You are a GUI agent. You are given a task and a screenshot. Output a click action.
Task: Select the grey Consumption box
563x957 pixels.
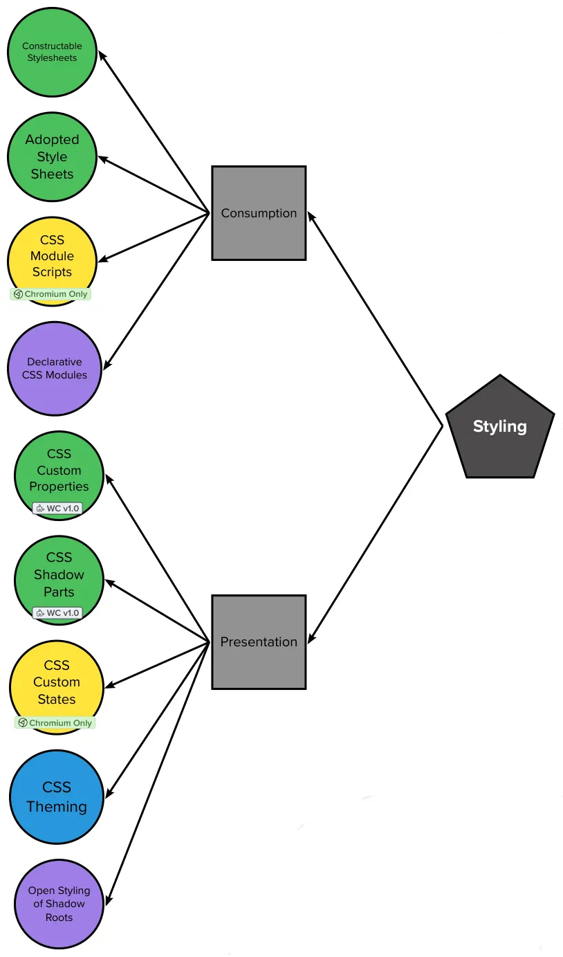click(x=259, y=213)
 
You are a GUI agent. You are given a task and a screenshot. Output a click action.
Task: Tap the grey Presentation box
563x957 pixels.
click(x=259, y=642)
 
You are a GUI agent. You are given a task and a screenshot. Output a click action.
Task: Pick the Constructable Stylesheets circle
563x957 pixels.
click(x=52, y=52)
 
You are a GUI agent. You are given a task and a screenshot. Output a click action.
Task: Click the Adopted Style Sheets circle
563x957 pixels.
click(x=52, y=157)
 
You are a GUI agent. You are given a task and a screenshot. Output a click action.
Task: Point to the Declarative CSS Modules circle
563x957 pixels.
click(x=55, y=368)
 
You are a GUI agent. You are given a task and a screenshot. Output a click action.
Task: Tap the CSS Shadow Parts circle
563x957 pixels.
click(x=59, y=574)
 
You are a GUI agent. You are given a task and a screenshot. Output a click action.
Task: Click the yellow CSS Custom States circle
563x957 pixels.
click(x=57, y=682)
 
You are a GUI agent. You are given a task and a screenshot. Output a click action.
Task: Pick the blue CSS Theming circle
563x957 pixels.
click(x=57, y=797)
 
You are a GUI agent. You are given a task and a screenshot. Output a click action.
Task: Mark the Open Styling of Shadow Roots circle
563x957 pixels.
click(x=59, y=904)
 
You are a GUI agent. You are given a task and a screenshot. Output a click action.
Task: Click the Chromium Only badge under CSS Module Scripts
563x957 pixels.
click(x=50, y=294)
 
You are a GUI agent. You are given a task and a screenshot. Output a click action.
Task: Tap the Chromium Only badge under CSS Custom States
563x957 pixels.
click(x=55, y=723)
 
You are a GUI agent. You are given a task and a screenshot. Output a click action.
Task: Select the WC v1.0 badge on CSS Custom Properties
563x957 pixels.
click(x=57, y=509)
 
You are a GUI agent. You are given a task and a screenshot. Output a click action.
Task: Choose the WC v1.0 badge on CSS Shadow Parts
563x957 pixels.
click(x=57, y=613)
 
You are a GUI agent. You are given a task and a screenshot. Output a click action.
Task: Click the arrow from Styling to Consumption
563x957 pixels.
click(x=375, y=319)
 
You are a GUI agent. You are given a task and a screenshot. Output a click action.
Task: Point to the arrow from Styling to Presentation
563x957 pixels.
click(x=375, y=535)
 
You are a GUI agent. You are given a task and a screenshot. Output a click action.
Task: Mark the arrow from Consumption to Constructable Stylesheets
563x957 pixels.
click(x=154, y=131)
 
